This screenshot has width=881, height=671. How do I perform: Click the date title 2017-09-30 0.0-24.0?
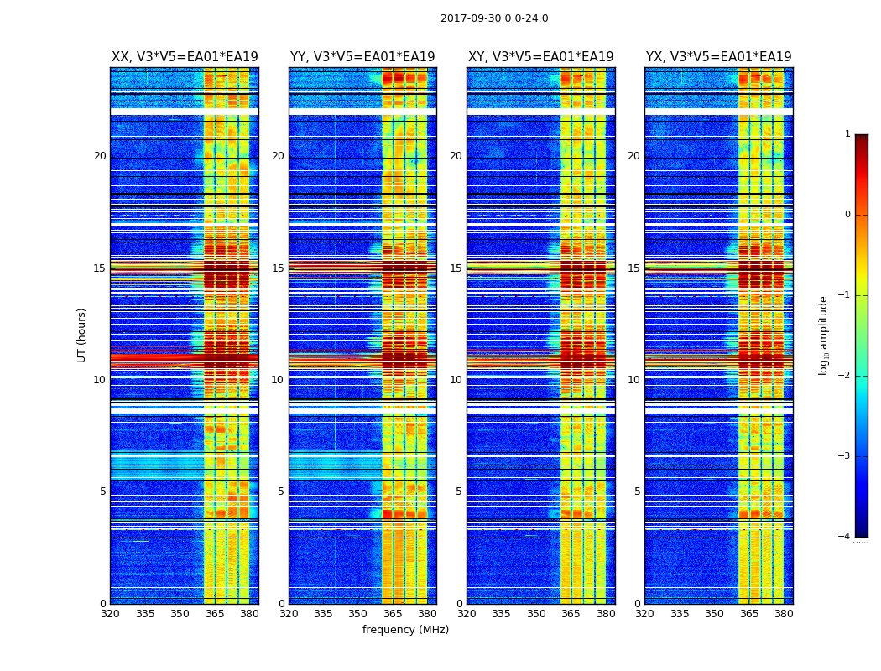pos(494,18)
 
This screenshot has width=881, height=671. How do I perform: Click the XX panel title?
pos(185,57)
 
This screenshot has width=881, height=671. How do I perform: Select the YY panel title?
pos(362,57)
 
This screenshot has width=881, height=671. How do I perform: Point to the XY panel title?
pos(541,57)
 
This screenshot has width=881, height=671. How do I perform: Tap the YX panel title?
pos(719,57)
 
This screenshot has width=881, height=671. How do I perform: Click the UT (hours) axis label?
pos(81,335)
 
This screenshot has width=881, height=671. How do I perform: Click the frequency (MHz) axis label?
pos(405,630)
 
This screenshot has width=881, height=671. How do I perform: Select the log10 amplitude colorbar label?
pos(824,335)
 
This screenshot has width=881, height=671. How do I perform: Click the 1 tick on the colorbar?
pos(847,134)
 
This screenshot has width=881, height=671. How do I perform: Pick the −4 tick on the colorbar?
pos(845,537)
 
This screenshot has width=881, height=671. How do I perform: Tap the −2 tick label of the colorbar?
pos(845,376)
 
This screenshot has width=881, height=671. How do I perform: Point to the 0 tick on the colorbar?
pos(847,215)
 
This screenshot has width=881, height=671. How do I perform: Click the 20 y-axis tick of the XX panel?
pos(100,156)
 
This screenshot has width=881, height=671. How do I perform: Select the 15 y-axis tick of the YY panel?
pos(278,268)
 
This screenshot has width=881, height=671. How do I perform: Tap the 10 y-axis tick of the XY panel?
pos(456,380)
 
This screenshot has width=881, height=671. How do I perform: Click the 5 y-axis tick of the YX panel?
pos(637,492)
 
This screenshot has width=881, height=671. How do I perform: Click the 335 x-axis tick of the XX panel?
pos(145,614)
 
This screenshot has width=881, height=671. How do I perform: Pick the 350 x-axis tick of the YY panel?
pos(358,614)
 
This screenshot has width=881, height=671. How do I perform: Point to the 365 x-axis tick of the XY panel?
pos(571,614)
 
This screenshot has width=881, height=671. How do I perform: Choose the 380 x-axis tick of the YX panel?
pos(784,614)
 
